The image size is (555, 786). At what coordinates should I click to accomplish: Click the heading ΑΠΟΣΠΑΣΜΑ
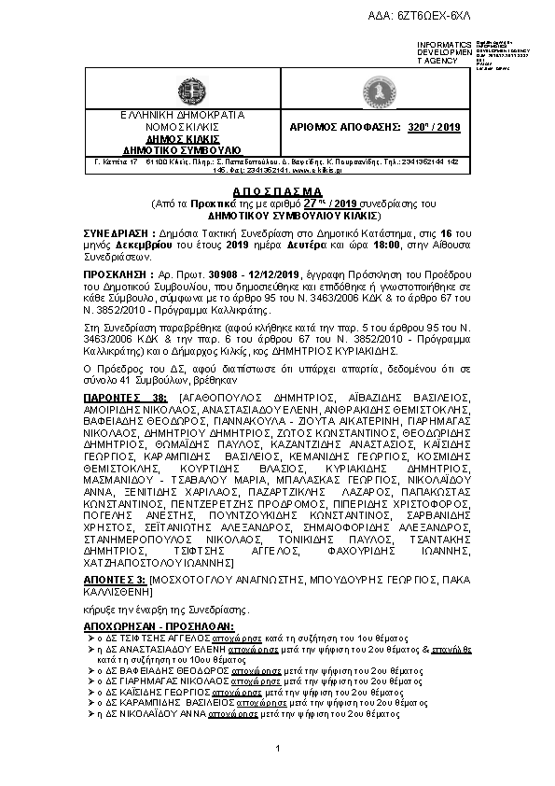coord(278,189)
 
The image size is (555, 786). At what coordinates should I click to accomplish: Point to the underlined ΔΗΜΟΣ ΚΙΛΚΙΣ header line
coord(182,138)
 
